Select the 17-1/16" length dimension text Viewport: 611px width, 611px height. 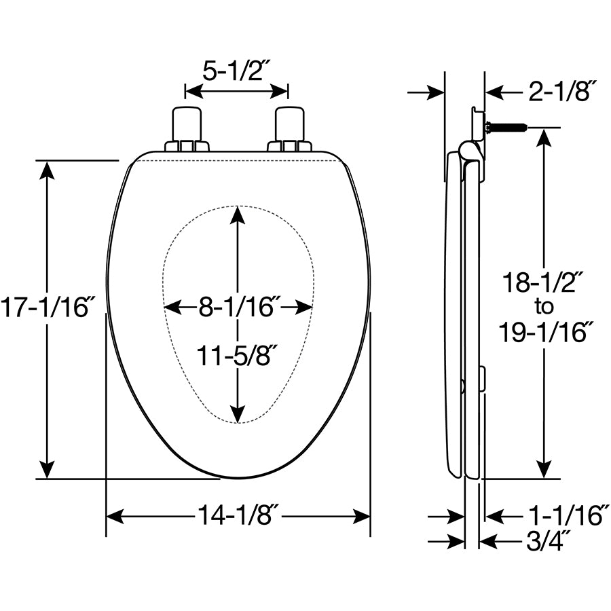pyautogui.click(x=48, y=307)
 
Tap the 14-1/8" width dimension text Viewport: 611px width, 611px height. pyautogui.click(x=238, y=515)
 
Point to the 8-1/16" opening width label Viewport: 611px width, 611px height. pyautogui.click(x=238, y=307)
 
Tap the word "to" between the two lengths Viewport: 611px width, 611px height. pyautogui.click(x=544, y=307)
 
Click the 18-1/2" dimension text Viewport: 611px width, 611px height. pyautogui.click(x=543, y=282)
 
